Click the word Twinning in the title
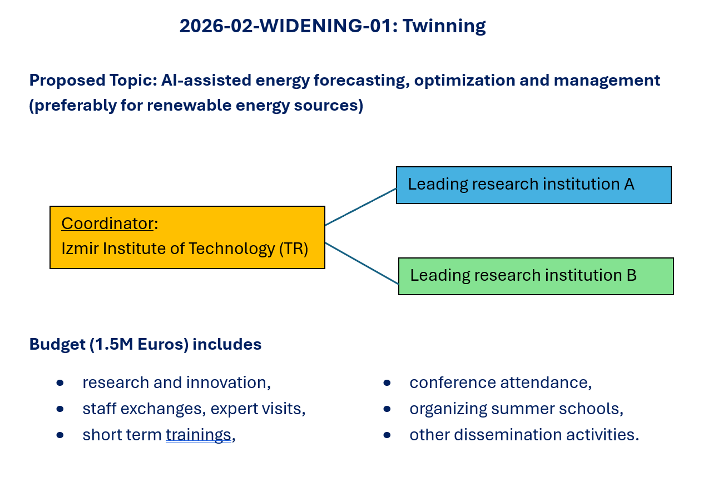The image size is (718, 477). click(x=444, y=26)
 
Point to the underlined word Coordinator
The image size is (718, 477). click(x=107, y=223)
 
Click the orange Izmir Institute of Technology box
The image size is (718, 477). click(x=187, y=237)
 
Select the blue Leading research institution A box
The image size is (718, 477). click(x=534, y=185)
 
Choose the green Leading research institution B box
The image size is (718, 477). click(x=536, y=276)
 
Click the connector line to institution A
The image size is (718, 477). click(x=360, y=207)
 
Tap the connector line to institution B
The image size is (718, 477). click(x=362, y=264)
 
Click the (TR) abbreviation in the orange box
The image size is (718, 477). click(x=294, y=249)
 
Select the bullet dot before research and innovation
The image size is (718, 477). click(x=60, y=383)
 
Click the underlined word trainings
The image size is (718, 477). click(x=199, y=435)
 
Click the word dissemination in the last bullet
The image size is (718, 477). click(x=508, y=435)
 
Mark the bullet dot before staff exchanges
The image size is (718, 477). click(x=60, y=409)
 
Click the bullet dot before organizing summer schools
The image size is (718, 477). click(x=387, y=409)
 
